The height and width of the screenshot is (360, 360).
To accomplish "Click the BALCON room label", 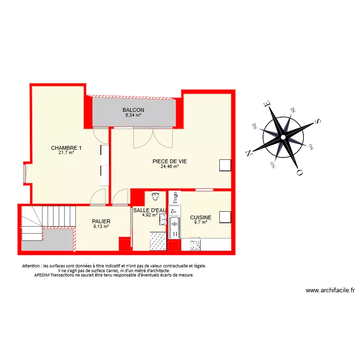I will pyautogui.click(x=133, y=110).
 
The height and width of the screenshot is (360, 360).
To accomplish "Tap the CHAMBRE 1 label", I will pyautogui.click(x=66, y=147).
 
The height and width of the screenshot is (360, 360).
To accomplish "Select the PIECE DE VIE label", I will pyautogui.click(x=169, y=161).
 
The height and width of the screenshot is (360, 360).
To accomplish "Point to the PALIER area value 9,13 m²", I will pyautogui.click(x=101, y=227).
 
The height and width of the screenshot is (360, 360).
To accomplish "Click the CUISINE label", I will pyautogui.click(x=201, y=217).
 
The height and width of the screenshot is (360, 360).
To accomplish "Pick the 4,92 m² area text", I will pyautogui.click(x=149, y=215).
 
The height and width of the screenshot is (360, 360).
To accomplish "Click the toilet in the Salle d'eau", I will pyautogui.click(x=155, y=196).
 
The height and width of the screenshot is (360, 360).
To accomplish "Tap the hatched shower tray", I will pyautogui.click(x=158, y=240).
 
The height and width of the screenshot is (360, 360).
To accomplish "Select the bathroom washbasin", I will pyautogui.click(x=163, y=220).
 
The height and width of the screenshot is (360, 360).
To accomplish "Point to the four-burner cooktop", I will pyautogui.click(x=195, y=245).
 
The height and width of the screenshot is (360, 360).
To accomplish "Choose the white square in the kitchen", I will pyautogui.click(x=225, y=217).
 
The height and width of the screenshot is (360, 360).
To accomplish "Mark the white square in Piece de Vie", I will pyautogui.click(x=225, y=165).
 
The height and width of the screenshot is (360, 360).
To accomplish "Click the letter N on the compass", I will pyautogui.click(x=249, y=153).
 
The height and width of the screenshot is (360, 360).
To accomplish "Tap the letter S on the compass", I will pyautogui.click(x=317, y=121).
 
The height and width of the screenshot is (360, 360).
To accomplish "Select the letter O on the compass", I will pyautogui.click(x=300, y=172).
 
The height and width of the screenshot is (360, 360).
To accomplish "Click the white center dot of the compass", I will pyautogui.click(x=283, y=137).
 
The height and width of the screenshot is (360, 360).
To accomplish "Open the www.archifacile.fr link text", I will pyautogui.click(x=330, y=290).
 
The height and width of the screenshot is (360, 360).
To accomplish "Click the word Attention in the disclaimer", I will pyautogui.click(x=31, y=266).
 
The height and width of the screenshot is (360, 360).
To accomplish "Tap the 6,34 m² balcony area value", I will pyautogui.click(x=133, y=115).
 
